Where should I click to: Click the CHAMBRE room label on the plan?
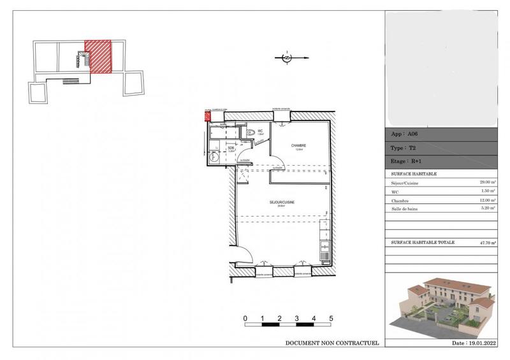(300, 146)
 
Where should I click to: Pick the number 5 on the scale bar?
(331, 317)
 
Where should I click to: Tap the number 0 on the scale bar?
(245, 317)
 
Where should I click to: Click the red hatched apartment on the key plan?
(98, 55)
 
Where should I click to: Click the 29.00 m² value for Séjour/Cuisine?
(488, 183)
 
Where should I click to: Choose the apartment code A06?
(414, 134)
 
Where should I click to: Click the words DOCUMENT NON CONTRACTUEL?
(331, 343)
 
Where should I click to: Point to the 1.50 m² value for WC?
(488, 191)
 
